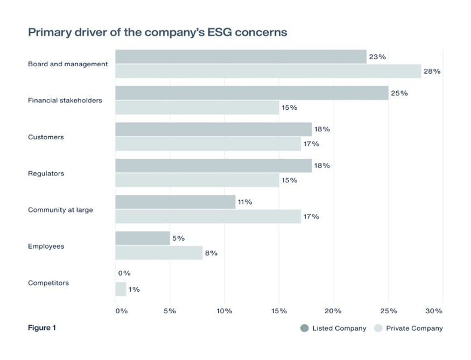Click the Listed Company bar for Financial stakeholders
[x=251, y=93]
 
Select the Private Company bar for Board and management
[x=268, y=71]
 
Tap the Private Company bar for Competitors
[x=121, y=289]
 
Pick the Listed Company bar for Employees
[x=143, y=238]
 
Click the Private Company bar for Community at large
[x=208, y=216]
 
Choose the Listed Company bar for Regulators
[x=213, y=166]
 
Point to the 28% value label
[x=432, y=71]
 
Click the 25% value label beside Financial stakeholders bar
[x=399, y=93]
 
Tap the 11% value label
[x=244, y=202]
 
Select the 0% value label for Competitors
[x=124, y=273]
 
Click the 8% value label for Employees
[x=211, y=253]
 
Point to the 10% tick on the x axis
[x=224, y=311]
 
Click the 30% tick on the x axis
[x=434, y=311]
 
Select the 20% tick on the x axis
[x=333, y=311]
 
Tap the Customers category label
[x=46, y=137]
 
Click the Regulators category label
[x=46, y=173]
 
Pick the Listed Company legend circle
[x=305, y=328]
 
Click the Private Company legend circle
[x=378, y=328]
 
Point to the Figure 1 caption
[x=41, y=327]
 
